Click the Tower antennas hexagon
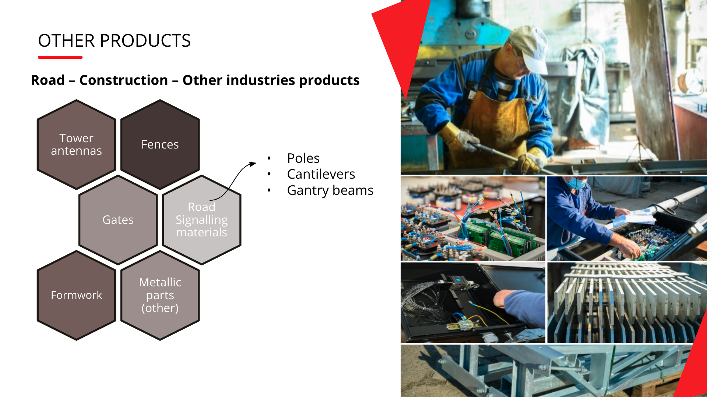76,144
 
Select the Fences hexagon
160,144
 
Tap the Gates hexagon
118,220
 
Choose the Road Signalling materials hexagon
201,220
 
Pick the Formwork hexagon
76,295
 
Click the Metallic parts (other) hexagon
160,295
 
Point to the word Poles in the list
303,158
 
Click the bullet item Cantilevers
321,174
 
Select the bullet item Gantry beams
330,190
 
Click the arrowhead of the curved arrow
253,164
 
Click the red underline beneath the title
60,57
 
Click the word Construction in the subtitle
124,80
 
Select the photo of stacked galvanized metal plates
627,303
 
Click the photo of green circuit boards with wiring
473,219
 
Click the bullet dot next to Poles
269,158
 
